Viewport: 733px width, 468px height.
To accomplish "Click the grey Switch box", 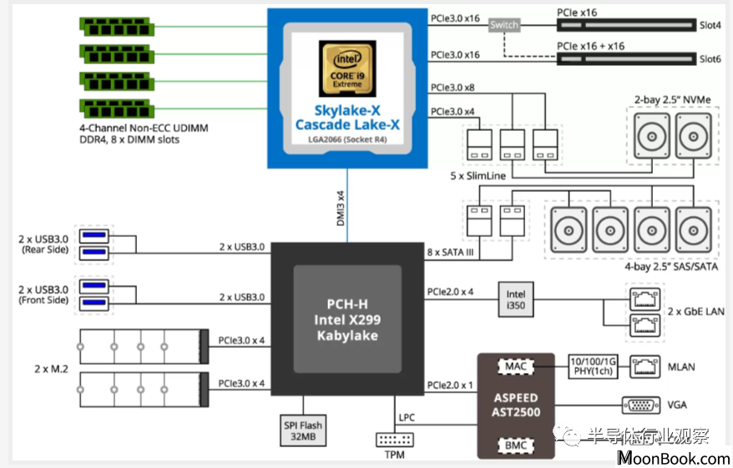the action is [x=504, y=25].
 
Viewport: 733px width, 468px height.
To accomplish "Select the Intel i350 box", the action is [x=516, y=299].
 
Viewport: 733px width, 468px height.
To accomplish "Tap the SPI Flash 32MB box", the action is [x=303, y=430].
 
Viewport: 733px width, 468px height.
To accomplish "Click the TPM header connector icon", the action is [x=395, y=440].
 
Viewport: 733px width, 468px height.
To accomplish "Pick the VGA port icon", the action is [x=641, y=405].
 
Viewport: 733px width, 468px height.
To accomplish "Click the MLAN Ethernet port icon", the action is [x=645, y=367].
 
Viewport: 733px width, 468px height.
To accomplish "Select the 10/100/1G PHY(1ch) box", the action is [x=593, y=366].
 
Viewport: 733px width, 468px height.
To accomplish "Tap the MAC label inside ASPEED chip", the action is [x=516, y=367].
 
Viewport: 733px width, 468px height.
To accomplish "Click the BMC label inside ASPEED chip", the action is [x=516, y=445].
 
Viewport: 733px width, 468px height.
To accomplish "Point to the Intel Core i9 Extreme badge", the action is [x=347, y=68].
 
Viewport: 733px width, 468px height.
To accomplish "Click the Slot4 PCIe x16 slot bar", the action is [x=626, y=25].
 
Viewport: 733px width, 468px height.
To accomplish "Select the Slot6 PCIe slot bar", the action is [x=626, y=59].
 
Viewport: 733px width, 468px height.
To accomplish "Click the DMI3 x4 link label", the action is [x=341, y=209].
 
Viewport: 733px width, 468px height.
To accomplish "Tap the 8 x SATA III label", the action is [x=450, y=253].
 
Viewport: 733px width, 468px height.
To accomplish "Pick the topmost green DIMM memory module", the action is [x=116, y=27].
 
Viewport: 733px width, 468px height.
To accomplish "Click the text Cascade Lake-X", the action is [x=347, y=124].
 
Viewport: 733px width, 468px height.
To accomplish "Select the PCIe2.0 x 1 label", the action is [x=450, y=385].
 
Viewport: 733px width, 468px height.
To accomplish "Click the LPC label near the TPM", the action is [x=407, y=418].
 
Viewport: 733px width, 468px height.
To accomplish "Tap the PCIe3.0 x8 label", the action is [x=452, y=88].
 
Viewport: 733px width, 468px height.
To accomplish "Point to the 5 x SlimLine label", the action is [x=478, y=176].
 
